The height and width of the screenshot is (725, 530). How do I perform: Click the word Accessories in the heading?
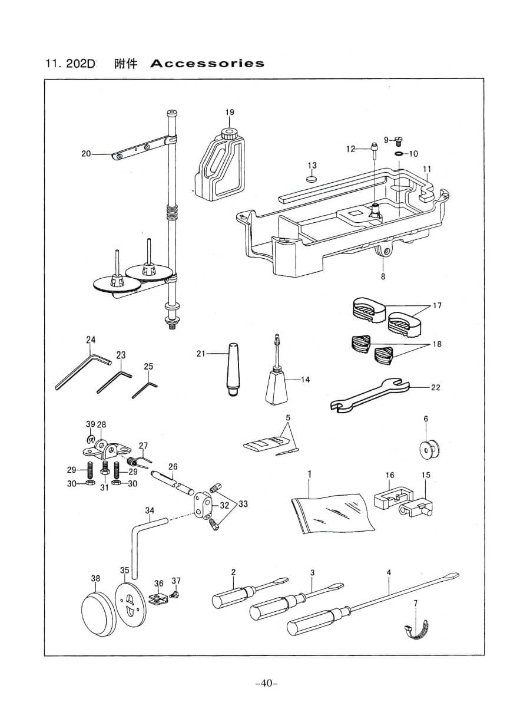point(207,64)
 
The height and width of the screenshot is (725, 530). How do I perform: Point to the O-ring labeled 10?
point(399,154)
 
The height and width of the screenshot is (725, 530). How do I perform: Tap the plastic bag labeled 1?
point(333,510)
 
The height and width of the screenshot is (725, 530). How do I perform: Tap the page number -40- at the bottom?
point(266,683)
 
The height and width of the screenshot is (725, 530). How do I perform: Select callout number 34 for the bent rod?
point(150,510)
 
